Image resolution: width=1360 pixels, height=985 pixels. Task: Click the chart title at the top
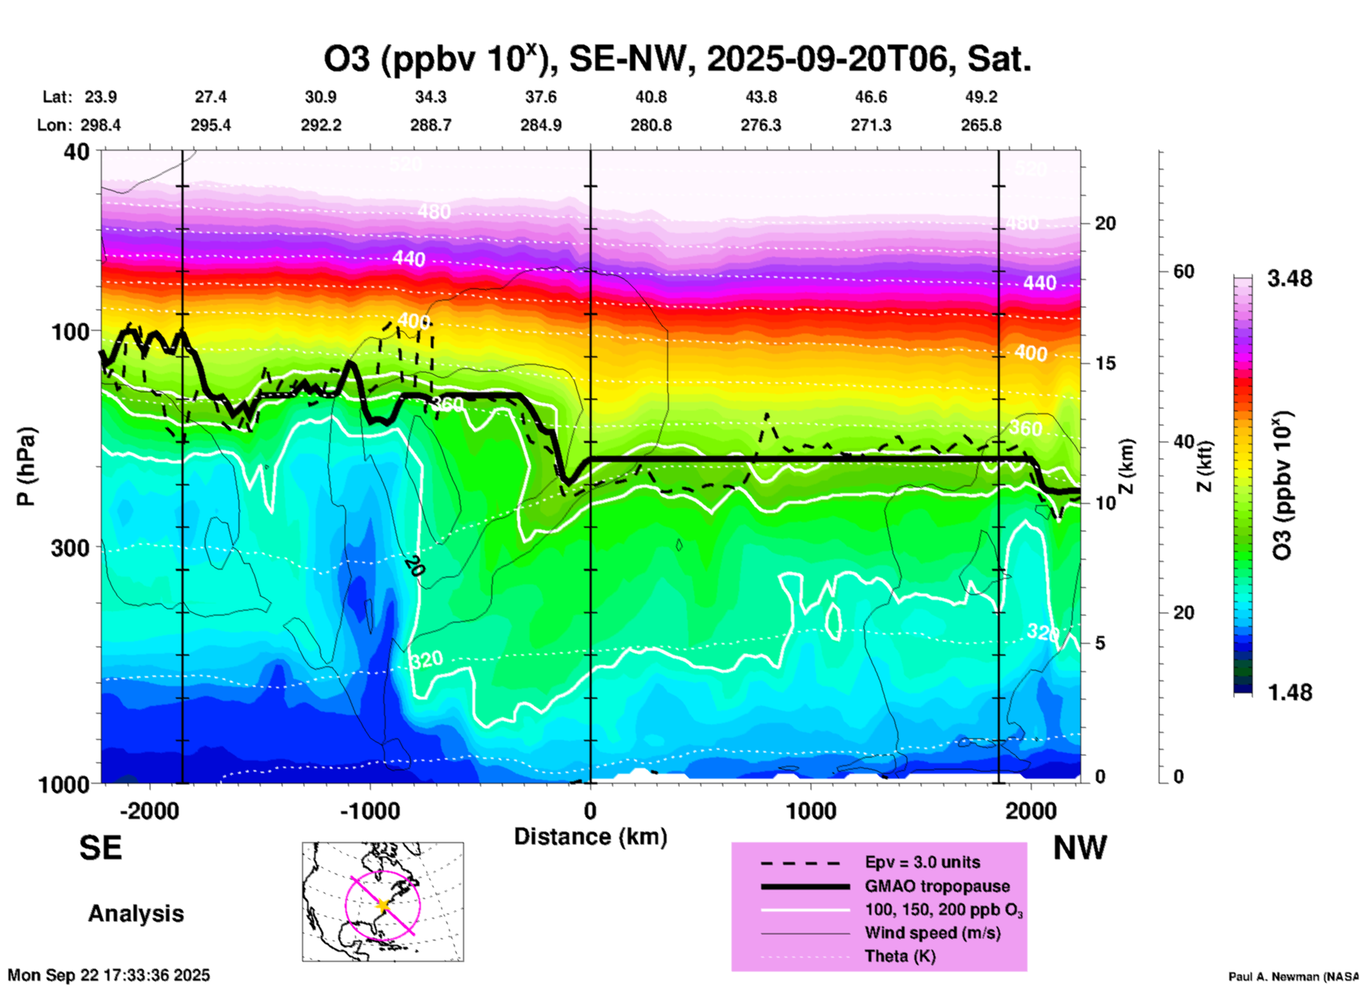[677, 59]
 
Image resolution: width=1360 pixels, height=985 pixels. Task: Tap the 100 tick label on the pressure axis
[70, 331]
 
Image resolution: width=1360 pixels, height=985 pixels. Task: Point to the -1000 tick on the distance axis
[369, 810]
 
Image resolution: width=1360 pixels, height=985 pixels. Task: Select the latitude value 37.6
[541, 97]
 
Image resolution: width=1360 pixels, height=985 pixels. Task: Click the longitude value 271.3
[871, 125]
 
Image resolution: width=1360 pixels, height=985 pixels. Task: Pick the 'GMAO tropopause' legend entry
[937, 886]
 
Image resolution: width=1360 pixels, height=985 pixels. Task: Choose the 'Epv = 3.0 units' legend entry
[922, 862]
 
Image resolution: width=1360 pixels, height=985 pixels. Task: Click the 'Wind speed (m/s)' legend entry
[932, 933]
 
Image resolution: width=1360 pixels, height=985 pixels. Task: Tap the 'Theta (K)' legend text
[900, 956]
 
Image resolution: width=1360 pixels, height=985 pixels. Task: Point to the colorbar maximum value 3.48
[1289, 279]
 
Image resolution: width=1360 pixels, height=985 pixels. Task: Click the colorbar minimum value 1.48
[1289, 692]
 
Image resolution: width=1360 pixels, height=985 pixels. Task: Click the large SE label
[100, 847]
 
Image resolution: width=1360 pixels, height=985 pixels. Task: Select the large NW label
[1080, 847]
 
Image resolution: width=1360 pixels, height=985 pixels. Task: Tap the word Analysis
[136, 913]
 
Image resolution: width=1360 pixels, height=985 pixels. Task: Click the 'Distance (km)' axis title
[590, 837]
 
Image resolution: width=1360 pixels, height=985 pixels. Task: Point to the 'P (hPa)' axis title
[26, 466]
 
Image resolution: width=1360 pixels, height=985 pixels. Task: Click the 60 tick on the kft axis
[1183, 271]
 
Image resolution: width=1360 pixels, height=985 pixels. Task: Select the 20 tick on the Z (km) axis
[1105, 223]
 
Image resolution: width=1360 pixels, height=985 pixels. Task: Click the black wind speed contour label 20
[414, 566]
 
